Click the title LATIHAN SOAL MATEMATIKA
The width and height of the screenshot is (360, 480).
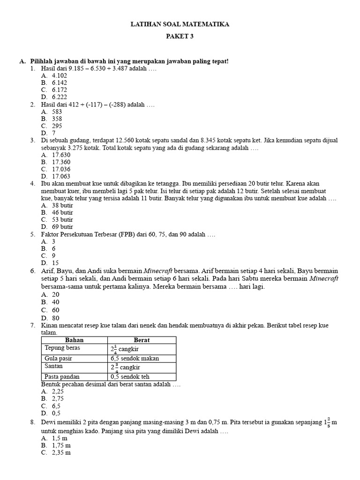point(180,24)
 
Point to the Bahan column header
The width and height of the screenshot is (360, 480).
point(74,340)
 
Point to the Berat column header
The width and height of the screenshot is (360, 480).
point(142,340)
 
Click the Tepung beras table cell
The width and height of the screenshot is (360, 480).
point(62,348)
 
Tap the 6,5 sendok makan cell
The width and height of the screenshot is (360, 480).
point(135,358)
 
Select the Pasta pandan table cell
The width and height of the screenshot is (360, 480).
point(62,376)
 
